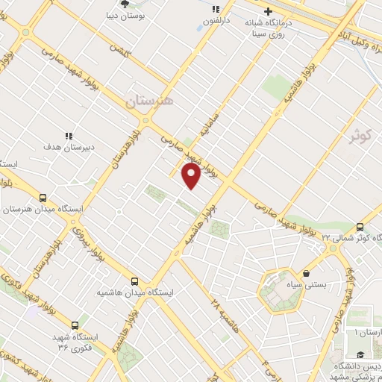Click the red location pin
(x=192, y=176)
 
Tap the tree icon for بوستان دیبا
(x=134, y=4)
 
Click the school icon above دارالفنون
(x=215, y=10)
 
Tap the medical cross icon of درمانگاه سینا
(x=268, y=11)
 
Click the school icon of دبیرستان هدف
(x=68, y=136)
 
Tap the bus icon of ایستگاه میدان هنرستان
(x=42, y=198)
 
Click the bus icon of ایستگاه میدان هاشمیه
(x=135, y=281)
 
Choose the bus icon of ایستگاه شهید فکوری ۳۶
(x=75, y=325)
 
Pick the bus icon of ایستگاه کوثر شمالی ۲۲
(x=360, y=227)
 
